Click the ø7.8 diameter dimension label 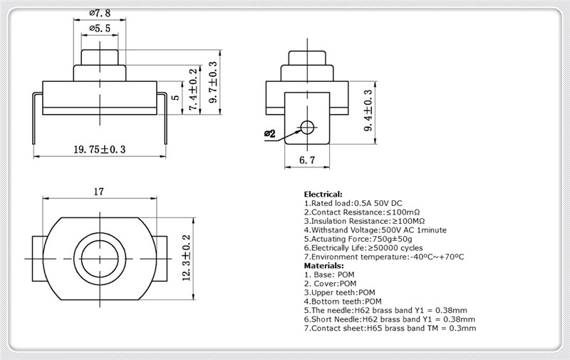click(x=100, y=13)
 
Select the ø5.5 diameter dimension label click(x=100, y=29)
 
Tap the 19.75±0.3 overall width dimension click(x=100, y=150)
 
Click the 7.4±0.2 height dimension click(x=193, y=89)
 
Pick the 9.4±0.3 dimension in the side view click(x=368, y=110)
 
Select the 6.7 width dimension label click(x=307, y=160)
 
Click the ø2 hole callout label click(x=270, y=134)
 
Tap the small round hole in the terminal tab click(x=307, y=127)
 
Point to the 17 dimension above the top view click(x=99, y=191)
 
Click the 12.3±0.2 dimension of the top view click(x=186, y=257)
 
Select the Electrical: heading click(x=323, y=194)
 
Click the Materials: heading click(x=324, y=265)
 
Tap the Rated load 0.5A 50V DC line click(x=353, y=203)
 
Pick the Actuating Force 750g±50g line click(x=358, y=239)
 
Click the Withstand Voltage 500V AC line click(x=375, y=230)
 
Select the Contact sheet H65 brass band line click(x=390, y=328)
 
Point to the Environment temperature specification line click(x=384, y=257)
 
